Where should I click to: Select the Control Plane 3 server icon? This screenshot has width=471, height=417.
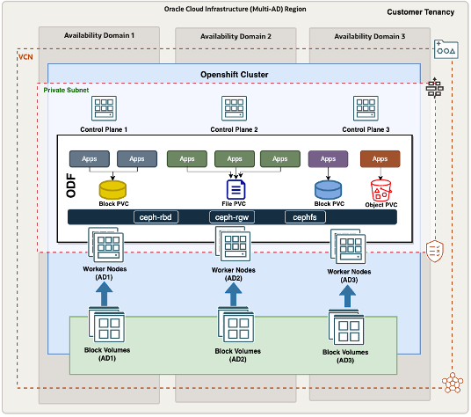(x=365, y=109)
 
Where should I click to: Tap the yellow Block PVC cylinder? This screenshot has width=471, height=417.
(x=113, y=188)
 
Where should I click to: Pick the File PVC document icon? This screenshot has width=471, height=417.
(x=235, y=189)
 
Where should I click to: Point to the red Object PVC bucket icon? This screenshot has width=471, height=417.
(x=380, y=187)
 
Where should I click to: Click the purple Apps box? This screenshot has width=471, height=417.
(x=328, y=159)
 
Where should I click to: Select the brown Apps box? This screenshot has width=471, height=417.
(x=380, y=159)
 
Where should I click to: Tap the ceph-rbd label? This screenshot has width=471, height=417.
(x=156, y=216)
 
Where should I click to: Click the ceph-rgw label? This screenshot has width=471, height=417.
(x=232, y=216)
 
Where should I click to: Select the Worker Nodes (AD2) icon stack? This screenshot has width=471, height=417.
(x=234, y=245)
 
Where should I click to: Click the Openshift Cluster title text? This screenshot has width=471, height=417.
(x=235, y=74)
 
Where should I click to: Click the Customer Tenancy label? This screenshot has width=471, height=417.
(x=421, y=12)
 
